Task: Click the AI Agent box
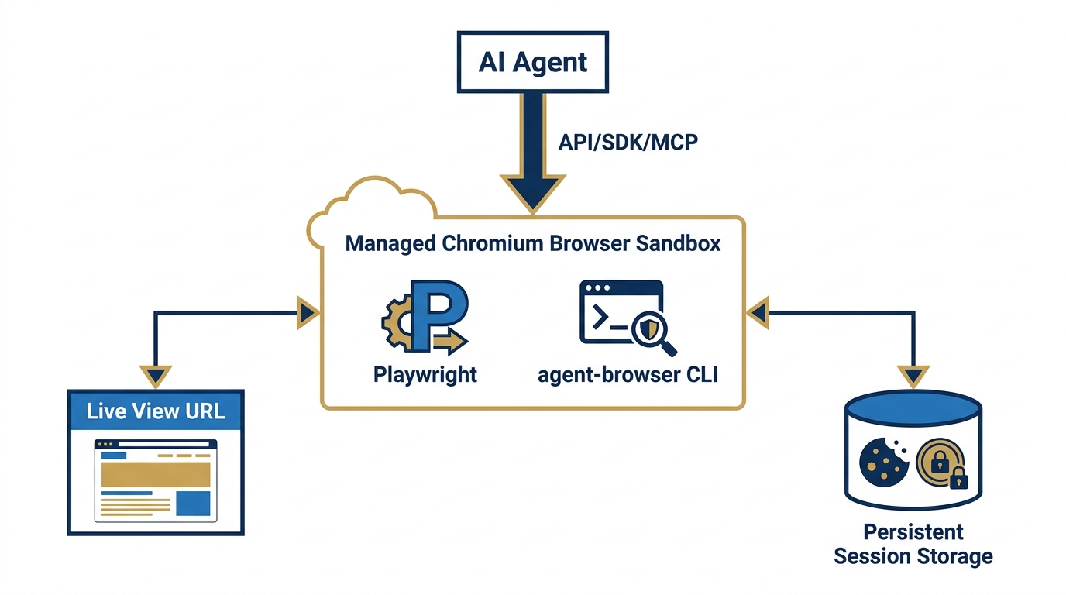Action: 532,62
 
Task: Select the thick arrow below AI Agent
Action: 532,147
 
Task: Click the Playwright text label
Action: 425,375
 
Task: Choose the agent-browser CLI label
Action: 628,375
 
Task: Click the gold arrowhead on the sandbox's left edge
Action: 308,312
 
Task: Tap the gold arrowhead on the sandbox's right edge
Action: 757,312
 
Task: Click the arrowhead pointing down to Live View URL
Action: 156,376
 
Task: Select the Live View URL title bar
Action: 156,410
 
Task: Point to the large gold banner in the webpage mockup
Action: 156,473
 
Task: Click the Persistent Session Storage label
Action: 913,544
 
